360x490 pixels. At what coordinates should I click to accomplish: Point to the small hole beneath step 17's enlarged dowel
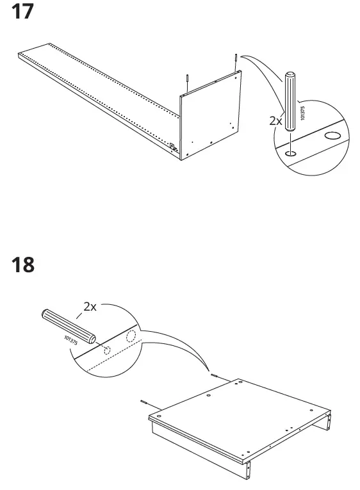[x=290, y=152]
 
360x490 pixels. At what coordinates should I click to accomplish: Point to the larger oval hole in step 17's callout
[x=332, y=136]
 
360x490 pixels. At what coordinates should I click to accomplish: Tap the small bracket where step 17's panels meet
[x=172, y=145]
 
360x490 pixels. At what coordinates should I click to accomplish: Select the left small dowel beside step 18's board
[x=145, y=403]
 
